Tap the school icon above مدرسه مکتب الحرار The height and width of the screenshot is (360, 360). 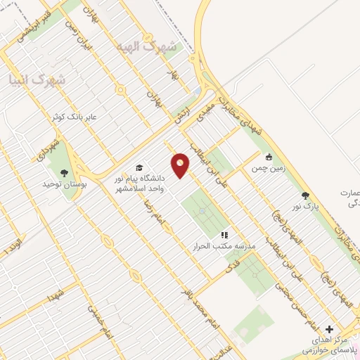[224, 235]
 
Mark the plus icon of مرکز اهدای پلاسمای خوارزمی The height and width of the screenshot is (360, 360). [329, 329]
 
